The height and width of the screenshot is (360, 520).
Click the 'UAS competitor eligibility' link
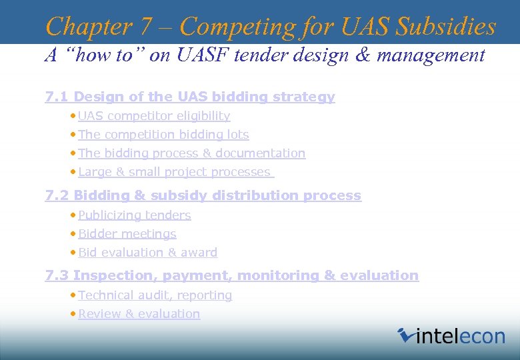point(154,116)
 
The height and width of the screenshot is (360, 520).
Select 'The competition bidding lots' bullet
point(163,135)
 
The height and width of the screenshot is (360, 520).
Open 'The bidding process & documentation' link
point(191,153)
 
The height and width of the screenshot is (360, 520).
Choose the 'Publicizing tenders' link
point(135,215)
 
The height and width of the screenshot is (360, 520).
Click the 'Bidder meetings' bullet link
point(127,234)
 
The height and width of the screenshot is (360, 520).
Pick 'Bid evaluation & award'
point(147,253)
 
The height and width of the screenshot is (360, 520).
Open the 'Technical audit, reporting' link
point(155,295)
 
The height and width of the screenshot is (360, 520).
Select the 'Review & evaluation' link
point(139,314)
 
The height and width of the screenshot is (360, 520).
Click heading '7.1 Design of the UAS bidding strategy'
point(190,97)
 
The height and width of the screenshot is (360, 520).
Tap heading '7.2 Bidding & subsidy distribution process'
point(203,196)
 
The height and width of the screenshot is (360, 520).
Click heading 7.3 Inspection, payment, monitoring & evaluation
point(231,276)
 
